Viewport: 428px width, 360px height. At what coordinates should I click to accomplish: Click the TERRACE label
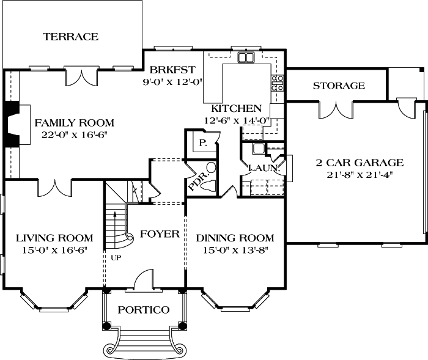click(x=71, y=37)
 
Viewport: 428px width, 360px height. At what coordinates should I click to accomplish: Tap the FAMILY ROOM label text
click(x=69, y=122)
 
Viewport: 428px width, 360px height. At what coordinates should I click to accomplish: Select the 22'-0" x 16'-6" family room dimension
click(x=69, y=134)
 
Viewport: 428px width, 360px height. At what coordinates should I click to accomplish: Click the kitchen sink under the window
click(x=246, y=58)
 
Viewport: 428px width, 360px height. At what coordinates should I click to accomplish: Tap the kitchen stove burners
click(x=278, y=83)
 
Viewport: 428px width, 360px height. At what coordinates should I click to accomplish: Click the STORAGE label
click(x=339, y=86)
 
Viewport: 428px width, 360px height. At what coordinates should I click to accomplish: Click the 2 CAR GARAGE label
click(x=359, y=163)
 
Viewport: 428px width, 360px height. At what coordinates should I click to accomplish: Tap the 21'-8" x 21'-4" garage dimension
click(x=359, y=174)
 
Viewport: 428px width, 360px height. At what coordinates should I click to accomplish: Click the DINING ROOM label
click(x=235, y=238)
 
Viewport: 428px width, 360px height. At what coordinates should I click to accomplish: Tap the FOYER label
click(x=160, y=234)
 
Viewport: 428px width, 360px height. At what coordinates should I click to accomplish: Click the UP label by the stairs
click(x=116, y=257)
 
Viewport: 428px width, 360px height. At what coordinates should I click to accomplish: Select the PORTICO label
click(x=144, y=310)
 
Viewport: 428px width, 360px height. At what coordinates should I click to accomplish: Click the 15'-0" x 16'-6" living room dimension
click(x=54, y=250)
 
